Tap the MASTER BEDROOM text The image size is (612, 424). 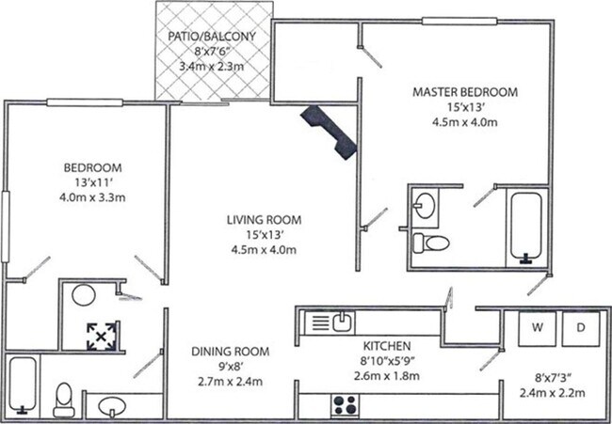point(465,92)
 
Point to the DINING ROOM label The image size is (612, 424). point(231,352)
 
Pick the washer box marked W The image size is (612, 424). point(538,328)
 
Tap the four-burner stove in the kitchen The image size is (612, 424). point(342,406)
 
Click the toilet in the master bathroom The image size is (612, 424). point(432,243)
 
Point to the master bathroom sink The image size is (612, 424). point(425,204)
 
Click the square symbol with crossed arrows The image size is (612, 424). point(101,336)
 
